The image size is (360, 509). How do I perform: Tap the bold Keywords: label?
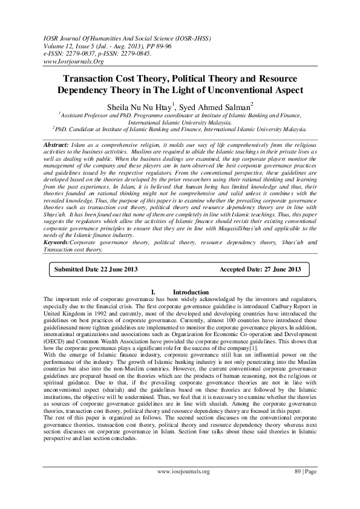tap(62, 242)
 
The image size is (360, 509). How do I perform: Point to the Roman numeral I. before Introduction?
tap(154, 293)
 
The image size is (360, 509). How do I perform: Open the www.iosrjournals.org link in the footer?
tap(183, 488)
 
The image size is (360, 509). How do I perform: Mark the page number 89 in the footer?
tap(298, 488)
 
